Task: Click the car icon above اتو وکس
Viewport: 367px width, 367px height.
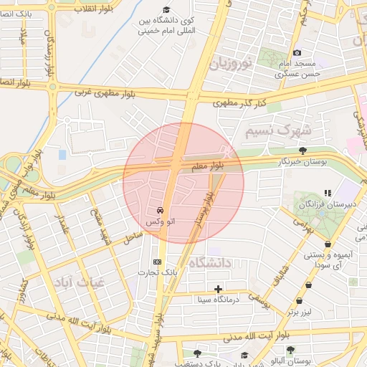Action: point(159,211)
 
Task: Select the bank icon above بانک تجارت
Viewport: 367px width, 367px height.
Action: point(157,262)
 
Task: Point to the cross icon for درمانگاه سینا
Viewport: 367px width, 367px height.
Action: point(218,288)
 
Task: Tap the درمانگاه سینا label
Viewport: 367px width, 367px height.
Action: point(218,300)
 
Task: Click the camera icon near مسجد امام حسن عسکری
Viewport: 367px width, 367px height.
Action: point(297,53)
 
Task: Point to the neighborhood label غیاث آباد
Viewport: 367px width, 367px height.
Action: point(74,283)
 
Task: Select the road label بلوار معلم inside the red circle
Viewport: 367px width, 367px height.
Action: point(207,166)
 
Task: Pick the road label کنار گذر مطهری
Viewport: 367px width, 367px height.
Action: point(239,104)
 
